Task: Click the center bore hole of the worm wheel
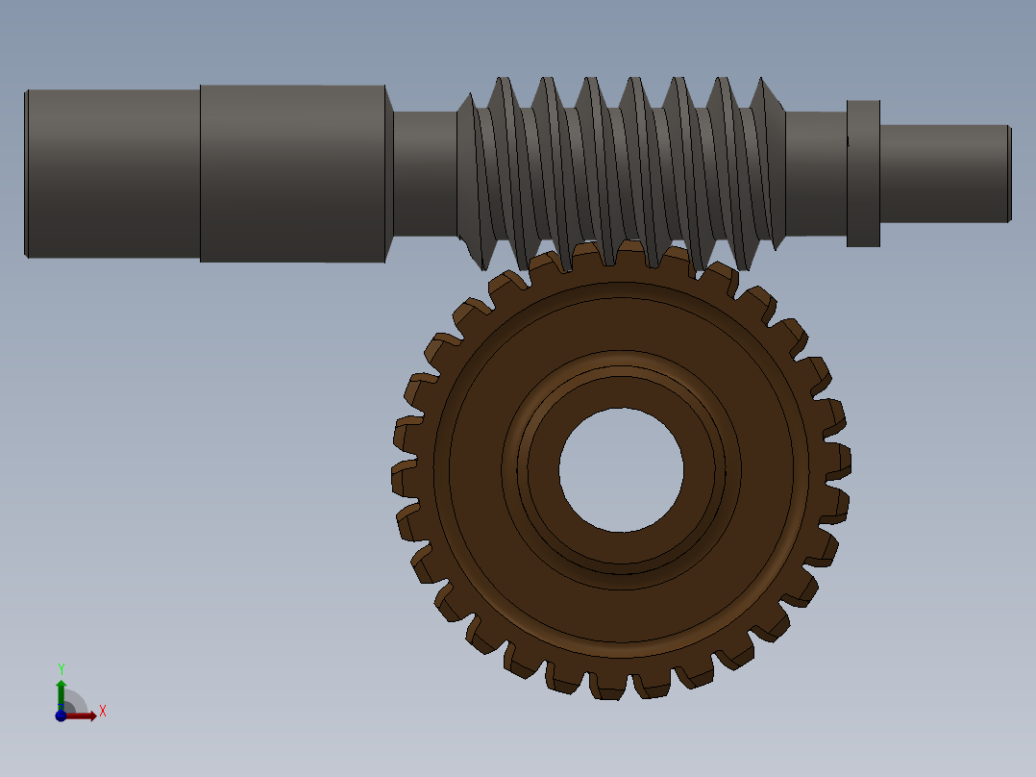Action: (621, 470)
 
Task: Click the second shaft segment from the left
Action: (292, 173)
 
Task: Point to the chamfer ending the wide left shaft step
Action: (389, 173)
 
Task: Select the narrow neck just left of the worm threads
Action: (424, 173)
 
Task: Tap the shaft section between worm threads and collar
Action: (815, 173)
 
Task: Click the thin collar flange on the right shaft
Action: (863, 173)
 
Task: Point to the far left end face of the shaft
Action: (26, 173)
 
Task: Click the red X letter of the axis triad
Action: (103, 712)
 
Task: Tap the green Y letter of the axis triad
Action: (62, 668)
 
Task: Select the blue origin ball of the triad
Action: (61, 715)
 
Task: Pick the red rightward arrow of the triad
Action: (83, 715)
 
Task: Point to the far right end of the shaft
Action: (1008, 173)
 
